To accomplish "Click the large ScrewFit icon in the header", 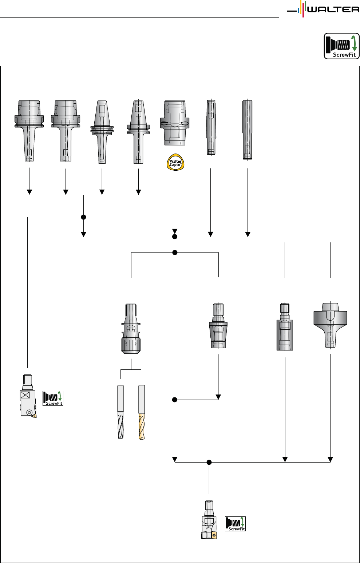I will pyautogui.click(x=341, y=46).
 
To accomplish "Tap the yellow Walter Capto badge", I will pyautogui.click(x=175, y=162).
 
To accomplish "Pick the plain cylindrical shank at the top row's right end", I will pyautogui.click(x=248, y=130).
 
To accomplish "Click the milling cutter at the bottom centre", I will pyautogui.click(x=209, y=520).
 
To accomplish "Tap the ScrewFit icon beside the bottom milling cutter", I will pyautogui.click(x=235, y=524).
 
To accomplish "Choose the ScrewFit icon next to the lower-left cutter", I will pyautogui.click(x=53, y=398).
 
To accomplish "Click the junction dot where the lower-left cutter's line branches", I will pyautogui.click(x=83, y=217).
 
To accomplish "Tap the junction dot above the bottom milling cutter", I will pyautogui.click(x=209, y=462).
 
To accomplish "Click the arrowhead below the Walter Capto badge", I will pyautogui.click(x=175, y=231).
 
